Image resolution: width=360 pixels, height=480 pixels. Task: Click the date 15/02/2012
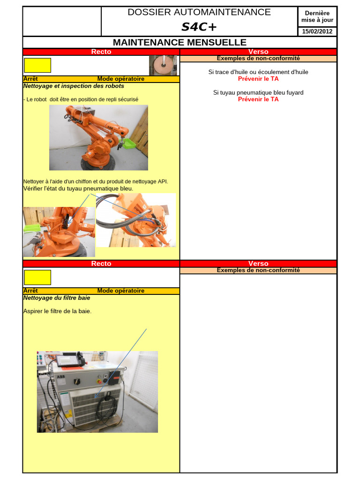click(317, 31)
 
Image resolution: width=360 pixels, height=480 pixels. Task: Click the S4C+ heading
click(199, 27)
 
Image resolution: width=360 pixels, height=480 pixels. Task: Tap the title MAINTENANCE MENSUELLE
click(180, 42)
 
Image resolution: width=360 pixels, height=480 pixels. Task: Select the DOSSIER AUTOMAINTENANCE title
click(199, 12)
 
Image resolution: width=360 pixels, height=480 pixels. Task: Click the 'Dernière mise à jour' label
click(317, 16)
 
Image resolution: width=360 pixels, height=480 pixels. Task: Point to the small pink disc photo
click(163, 66)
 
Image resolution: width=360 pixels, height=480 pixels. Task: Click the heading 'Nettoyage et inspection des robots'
click(74, 86)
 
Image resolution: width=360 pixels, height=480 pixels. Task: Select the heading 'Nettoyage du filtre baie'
click(57, 298)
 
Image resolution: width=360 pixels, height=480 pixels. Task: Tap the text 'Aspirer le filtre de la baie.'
click(58, 311)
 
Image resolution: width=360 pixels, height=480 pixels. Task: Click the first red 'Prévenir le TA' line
click(258, 79)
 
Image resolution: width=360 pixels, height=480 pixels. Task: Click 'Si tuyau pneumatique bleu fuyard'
click(258, 92)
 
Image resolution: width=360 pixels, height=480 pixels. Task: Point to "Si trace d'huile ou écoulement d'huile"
click(258, 72)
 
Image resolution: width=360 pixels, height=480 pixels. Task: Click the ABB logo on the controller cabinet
click(60, 377)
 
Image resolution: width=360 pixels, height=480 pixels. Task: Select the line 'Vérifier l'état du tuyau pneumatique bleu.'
click(78, 188)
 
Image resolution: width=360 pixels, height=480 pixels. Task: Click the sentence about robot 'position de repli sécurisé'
click(81, 99)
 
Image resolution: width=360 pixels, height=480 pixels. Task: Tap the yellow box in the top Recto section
click(37, 66)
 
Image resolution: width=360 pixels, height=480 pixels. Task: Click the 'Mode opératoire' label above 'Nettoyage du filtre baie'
click(121, 291)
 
